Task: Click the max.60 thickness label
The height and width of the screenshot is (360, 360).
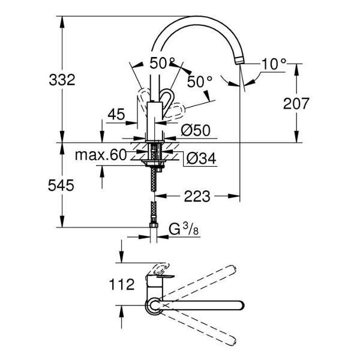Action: tap(101, 155)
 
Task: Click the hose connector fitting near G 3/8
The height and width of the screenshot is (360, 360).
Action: tap(154, 228)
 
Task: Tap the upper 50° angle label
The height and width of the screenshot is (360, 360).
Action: tap(162, 62)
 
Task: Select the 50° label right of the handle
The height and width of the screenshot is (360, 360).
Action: tap(199, 82)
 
